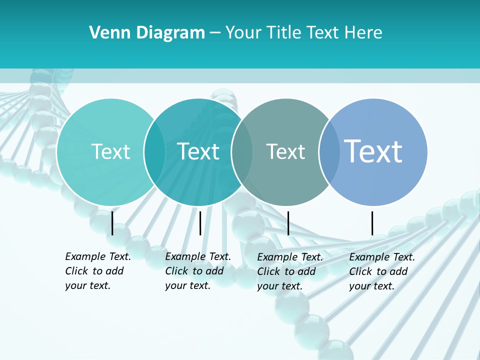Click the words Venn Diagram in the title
(x=147, y=33)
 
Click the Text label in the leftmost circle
(x=110, y=151)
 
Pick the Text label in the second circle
(x=198, y=151)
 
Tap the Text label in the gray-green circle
(x=285, y=151)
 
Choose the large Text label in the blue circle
(x=373, y=151)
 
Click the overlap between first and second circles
(x=154, y=151)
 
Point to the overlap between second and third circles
(x=242, y=151)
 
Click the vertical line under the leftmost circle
(x=112, y=223)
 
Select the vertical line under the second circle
(x=200, y=223)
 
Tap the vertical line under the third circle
(x=288, y=223)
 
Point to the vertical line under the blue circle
(x=372, y=223)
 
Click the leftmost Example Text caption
(x=98, y=271)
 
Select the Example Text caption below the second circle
(x=198, y=271)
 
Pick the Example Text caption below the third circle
(x=290, y=271)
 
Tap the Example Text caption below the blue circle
(x=382, y=271)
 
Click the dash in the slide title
(x=215, y=33)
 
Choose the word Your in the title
(x=242, y=33)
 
